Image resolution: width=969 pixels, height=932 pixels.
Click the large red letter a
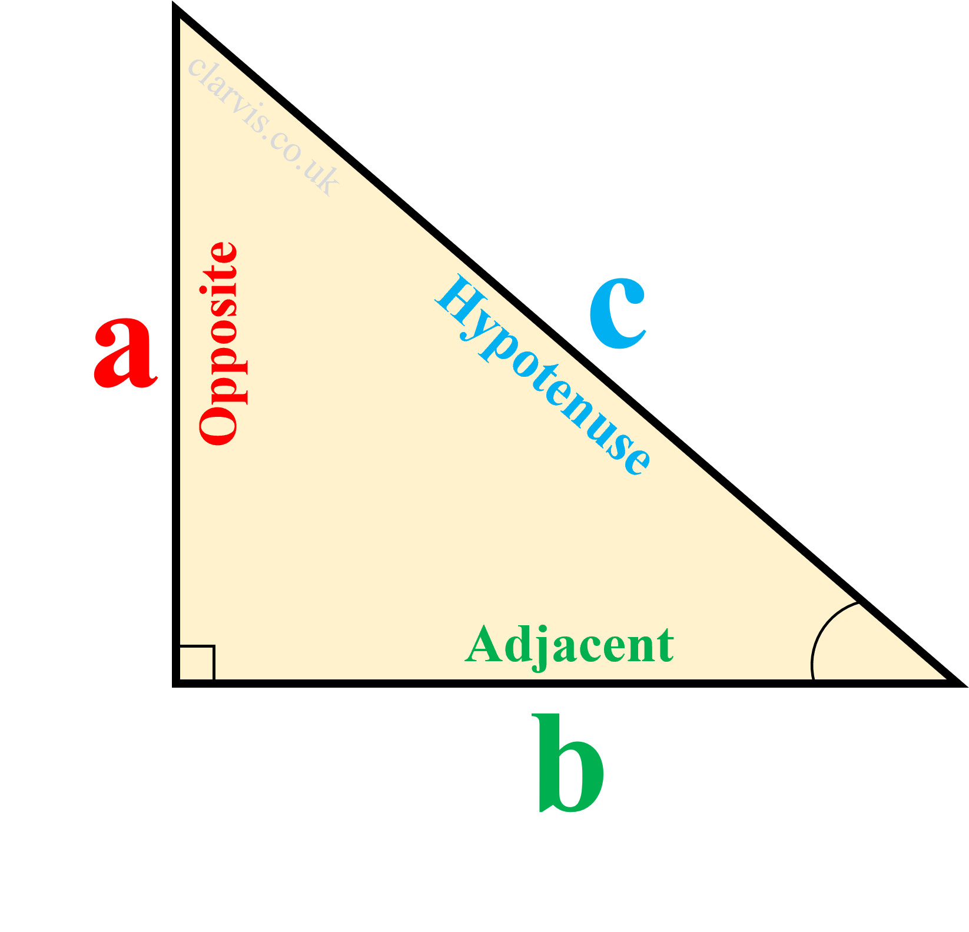(125, 353)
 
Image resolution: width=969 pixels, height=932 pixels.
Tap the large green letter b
(569, 764)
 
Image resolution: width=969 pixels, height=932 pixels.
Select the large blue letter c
(618, 313)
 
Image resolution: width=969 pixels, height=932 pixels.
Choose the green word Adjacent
(569, 646)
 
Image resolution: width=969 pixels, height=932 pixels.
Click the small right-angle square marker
(197, 663)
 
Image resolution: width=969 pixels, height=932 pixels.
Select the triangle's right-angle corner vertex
(176, 682)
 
